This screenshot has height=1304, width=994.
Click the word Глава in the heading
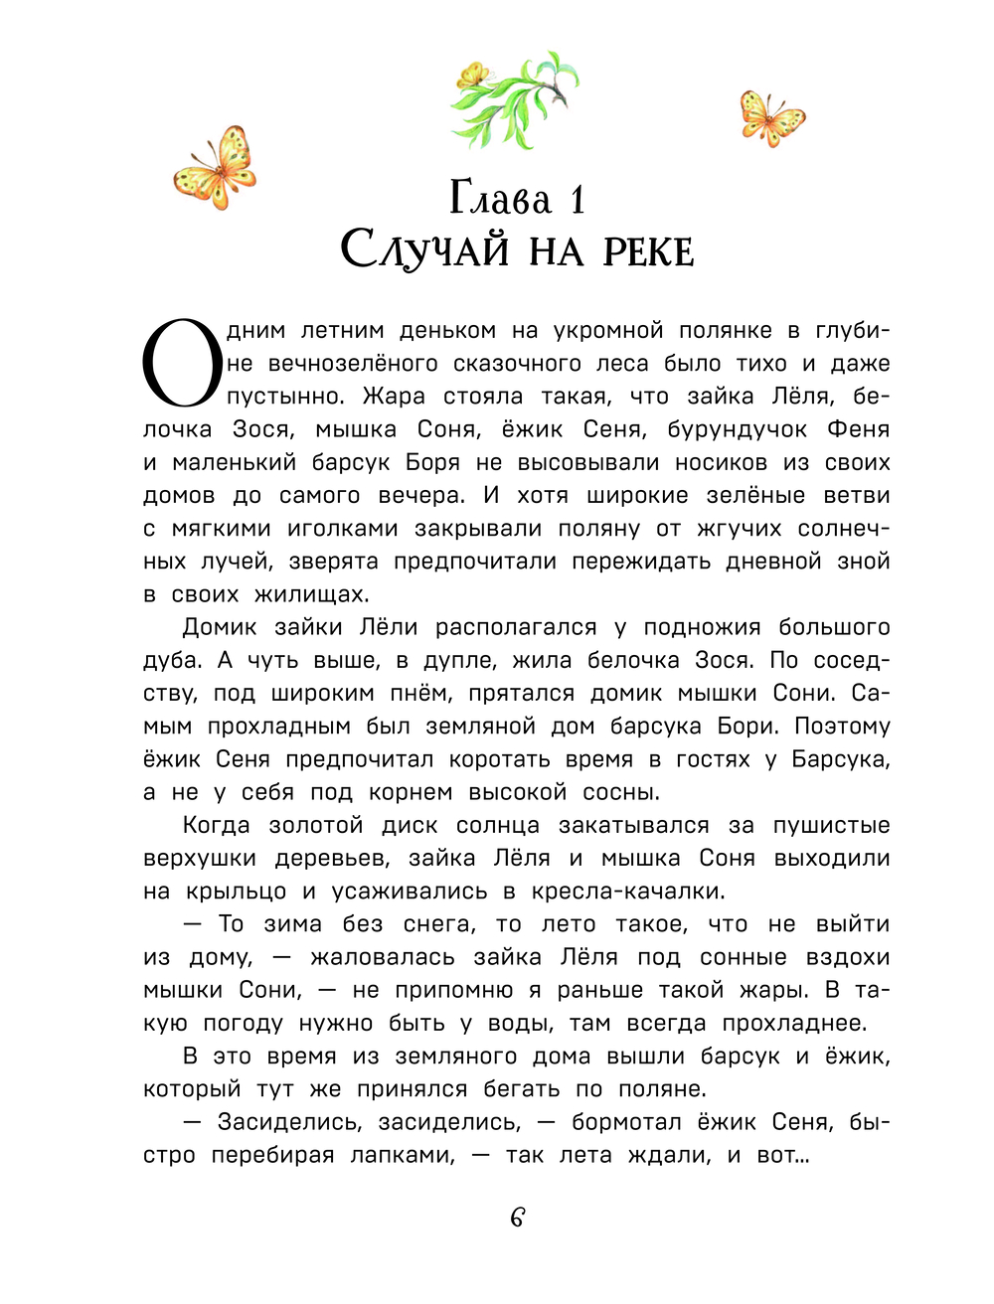click(500, 198)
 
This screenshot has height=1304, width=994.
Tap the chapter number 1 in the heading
click(578, 200)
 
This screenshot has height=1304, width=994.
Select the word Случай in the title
click(424, 250)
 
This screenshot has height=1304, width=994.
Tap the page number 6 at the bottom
click(517, 1218)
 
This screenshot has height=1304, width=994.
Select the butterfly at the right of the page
click(770, 118)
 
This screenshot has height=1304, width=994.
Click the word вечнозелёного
click(354, 364)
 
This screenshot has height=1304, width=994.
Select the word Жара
click(394, 397)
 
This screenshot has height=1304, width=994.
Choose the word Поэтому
click(842, 727)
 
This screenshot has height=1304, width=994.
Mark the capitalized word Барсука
click(841, 759)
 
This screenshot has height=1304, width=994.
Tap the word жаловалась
click(383, 957)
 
